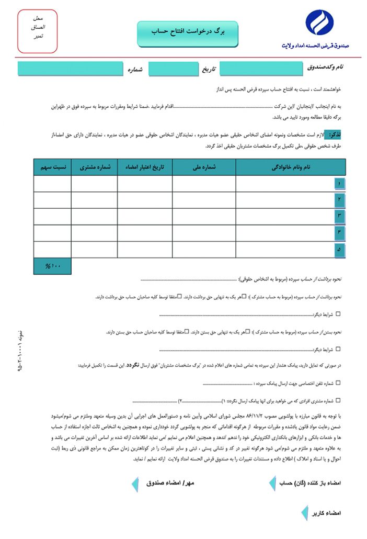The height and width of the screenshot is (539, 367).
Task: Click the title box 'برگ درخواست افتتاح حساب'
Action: pos(187,32)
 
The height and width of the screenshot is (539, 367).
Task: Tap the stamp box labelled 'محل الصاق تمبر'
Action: pos(38,31)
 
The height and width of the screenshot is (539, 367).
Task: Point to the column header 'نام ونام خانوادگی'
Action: pos(291,167)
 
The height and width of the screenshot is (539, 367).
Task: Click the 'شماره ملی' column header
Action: pos(204,167)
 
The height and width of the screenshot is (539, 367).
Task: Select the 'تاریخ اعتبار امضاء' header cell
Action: pos(144,167)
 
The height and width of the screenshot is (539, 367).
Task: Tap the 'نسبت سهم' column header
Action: pos(52,167)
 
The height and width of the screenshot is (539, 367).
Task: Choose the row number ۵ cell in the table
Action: pos(340,250)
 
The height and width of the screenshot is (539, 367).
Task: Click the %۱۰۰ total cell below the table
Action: pos(52,266)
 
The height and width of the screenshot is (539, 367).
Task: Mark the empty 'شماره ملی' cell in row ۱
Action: pos(204,184)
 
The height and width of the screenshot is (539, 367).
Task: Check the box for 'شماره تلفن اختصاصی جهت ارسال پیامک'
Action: pos(338,383)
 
